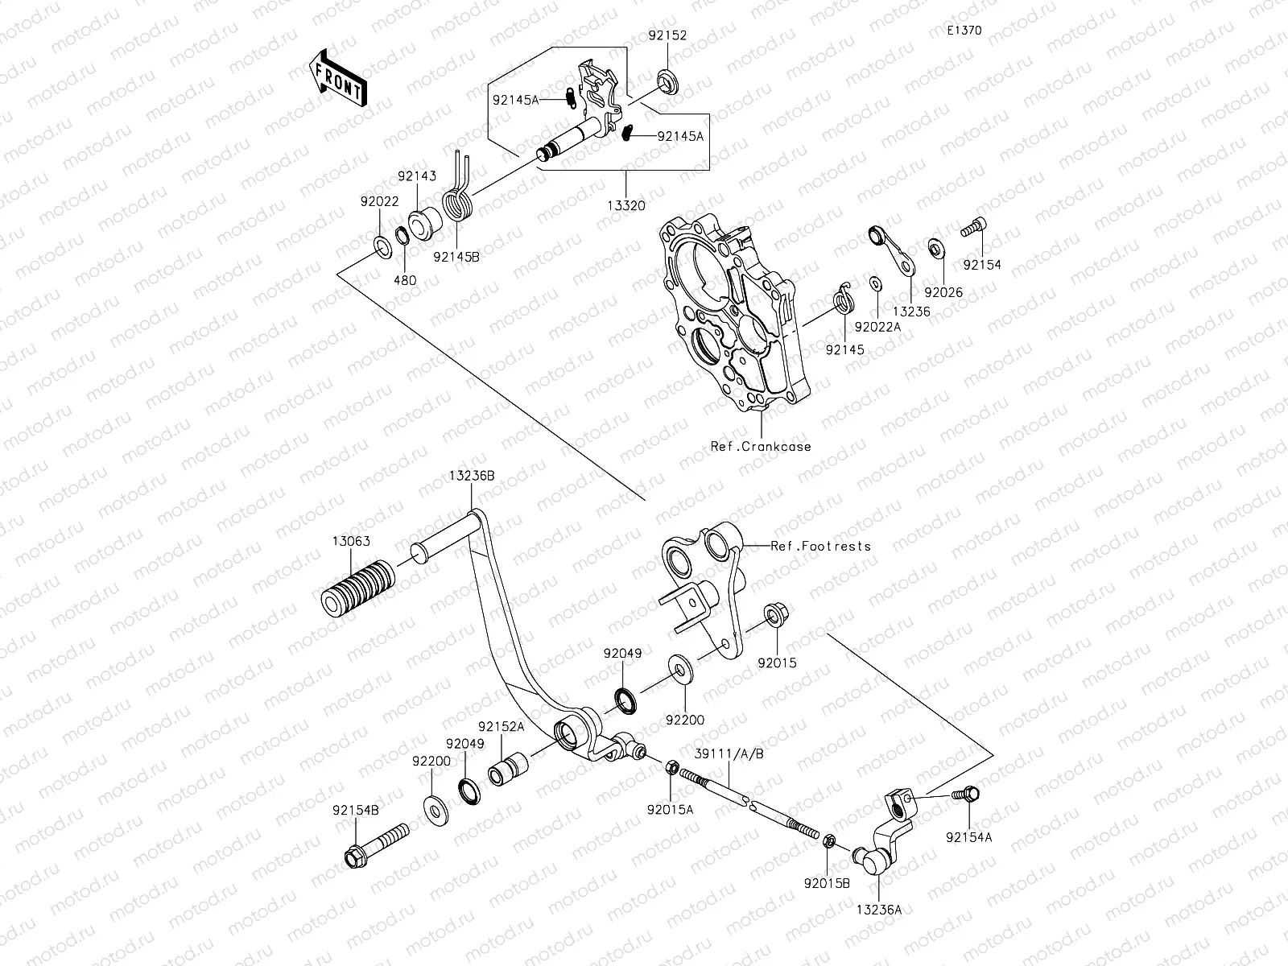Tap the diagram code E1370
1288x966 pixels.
click(x=964, y=31)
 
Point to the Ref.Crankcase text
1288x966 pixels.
click(x=761, y=447)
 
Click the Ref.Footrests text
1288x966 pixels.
click(x=821, y=546)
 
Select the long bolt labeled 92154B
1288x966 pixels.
click(x=377, y=844)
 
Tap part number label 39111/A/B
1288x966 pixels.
click(x=729, y=753)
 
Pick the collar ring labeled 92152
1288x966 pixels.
click(x=667, y=80)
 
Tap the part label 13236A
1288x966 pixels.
click(x=878, y=910)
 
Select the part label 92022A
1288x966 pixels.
click(x=877, y=328)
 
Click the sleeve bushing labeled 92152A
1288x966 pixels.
click(x=508, y=768)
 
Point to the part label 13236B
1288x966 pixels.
click(x=472, y=476)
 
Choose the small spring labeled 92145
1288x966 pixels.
click(x=841, y=300)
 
